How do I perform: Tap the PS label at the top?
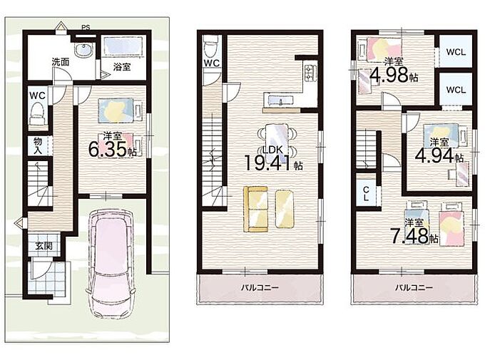(x=86, y=28)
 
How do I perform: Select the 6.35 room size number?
(x=108, y=149)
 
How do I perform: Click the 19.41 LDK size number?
(x=268, y=163)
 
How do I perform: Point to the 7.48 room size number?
(x=409, y=236)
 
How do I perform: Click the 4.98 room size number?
(x=389, y=75)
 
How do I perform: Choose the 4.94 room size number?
(x=434, y=155)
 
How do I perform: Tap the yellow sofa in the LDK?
(x=256, y=209)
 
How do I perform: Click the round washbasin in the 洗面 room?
(x=83, y=49)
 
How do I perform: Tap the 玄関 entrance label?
(x=43, y=246)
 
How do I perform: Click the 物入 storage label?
(x=38, y=146)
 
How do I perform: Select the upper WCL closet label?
(x=456, y=52)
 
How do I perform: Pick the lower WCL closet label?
(x=456, y=90)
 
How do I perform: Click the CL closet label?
(x=366, y=194)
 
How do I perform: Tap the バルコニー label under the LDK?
(x=260, y=287)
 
